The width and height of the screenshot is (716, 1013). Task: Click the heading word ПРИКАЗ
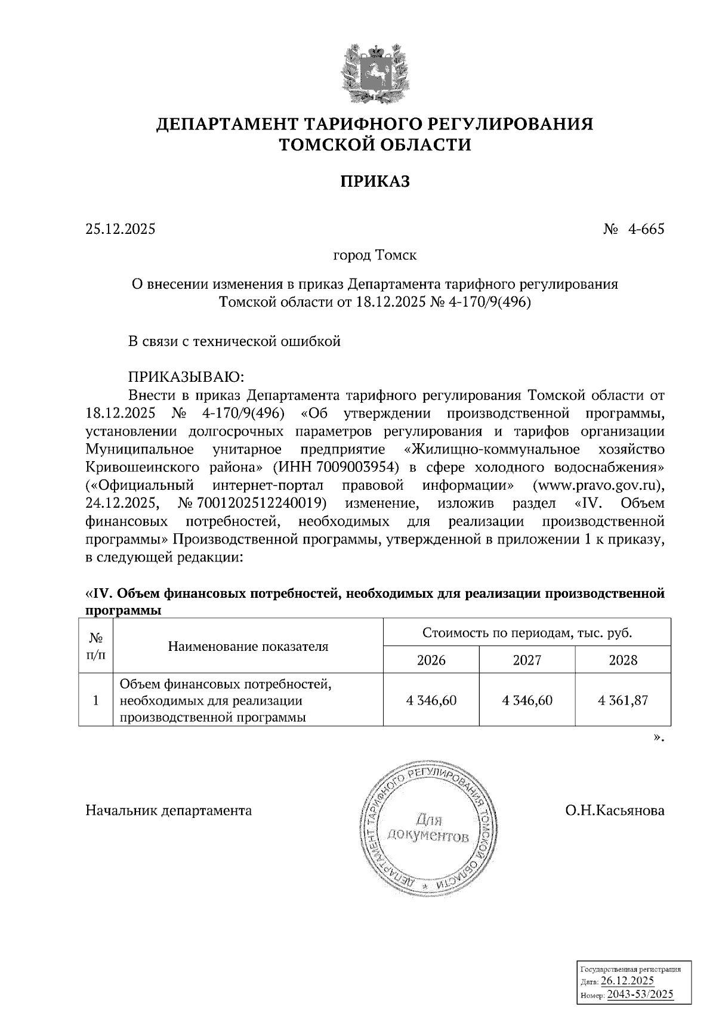(375, 182)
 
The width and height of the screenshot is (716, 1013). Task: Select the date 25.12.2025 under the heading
(120, 229)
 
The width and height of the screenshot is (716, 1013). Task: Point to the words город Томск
(374, 256)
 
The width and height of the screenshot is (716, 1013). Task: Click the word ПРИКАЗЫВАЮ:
(186, 377)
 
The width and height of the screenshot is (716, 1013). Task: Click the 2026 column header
(431, 660)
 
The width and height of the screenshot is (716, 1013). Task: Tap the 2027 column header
(527, 660)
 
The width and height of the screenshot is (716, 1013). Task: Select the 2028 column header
(623, 660)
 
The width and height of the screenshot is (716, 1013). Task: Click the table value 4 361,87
(623, 700)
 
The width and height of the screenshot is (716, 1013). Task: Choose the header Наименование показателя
(248, 647)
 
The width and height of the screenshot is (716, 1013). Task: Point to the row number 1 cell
(95, 700)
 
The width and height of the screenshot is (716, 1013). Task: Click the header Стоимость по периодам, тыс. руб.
(527, 633)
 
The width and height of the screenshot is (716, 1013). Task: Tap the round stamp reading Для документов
(427, 828)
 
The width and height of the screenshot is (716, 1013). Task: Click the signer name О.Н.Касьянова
(615, 811)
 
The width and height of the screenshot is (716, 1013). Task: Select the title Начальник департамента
(169, 811)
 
